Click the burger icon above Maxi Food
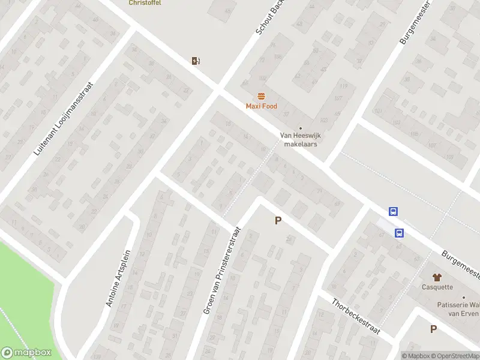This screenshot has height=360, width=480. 261,96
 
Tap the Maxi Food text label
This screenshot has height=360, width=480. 262,106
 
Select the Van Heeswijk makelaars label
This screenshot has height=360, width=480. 300,140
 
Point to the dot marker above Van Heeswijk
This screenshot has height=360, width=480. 301,128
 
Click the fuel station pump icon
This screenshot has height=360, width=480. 195,60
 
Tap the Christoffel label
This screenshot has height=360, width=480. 145,3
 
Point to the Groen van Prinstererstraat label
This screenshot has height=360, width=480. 222,270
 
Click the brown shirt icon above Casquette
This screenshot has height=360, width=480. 437,277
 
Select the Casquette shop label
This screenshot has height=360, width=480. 437,287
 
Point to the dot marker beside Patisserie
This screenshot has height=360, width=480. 463,298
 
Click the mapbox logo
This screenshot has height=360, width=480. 26,353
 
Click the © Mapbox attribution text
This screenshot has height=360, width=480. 416,356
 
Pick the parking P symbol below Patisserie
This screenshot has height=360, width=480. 433,329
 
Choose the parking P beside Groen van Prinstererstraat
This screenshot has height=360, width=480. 278,221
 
